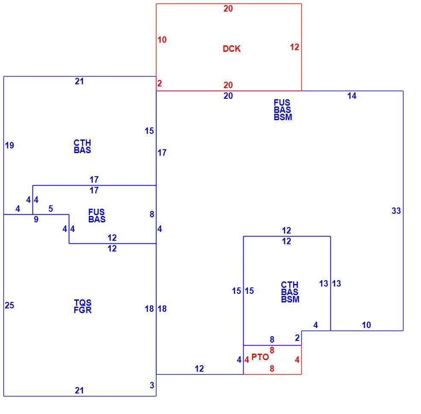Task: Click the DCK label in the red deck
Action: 231,49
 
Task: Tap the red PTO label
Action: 260,357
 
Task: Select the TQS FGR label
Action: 82,306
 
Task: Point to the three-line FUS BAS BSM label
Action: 283,110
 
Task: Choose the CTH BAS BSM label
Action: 290,292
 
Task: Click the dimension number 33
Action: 396,211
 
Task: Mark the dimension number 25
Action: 9,305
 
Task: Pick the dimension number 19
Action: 9,145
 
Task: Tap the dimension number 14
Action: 352,96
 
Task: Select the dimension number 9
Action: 36,219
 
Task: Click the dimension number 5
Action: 51,209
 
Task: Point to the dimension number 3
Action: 152,385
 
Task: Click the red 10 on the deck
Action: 162,40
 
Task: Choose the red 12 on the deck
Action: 294,47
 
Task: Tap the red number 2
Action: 159,83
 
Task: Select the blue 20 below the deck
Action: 228,96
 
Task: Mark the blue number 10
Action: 366,325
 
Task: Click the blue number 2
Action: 297,338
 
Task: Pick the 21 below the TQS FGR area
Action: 79,390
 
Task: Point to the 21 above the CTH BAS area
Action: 79,81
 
